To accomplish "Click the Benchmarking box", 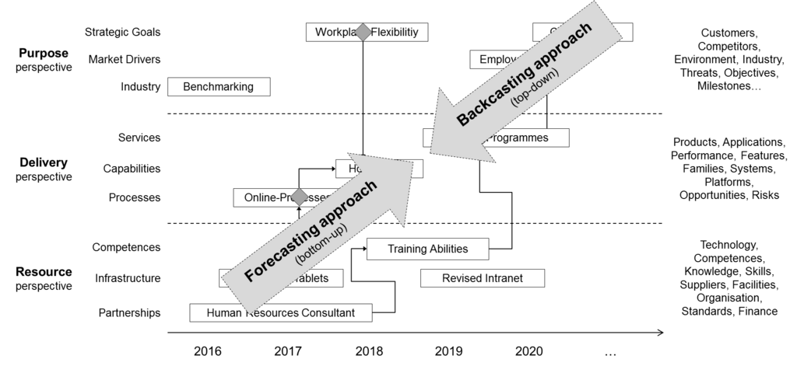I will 218,87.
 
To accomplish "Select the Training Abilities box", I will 427,249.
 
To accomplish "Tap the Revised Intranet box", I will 482,278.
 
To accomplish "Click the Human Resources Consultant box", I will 280,313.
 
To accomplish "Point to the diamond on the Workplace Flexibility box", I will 362,32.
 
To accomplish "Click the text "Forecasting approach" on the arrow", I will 311,231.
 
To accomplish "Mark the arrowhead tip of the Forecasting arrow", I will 412,162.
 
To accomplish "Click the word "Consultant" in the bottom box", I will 324,313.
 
